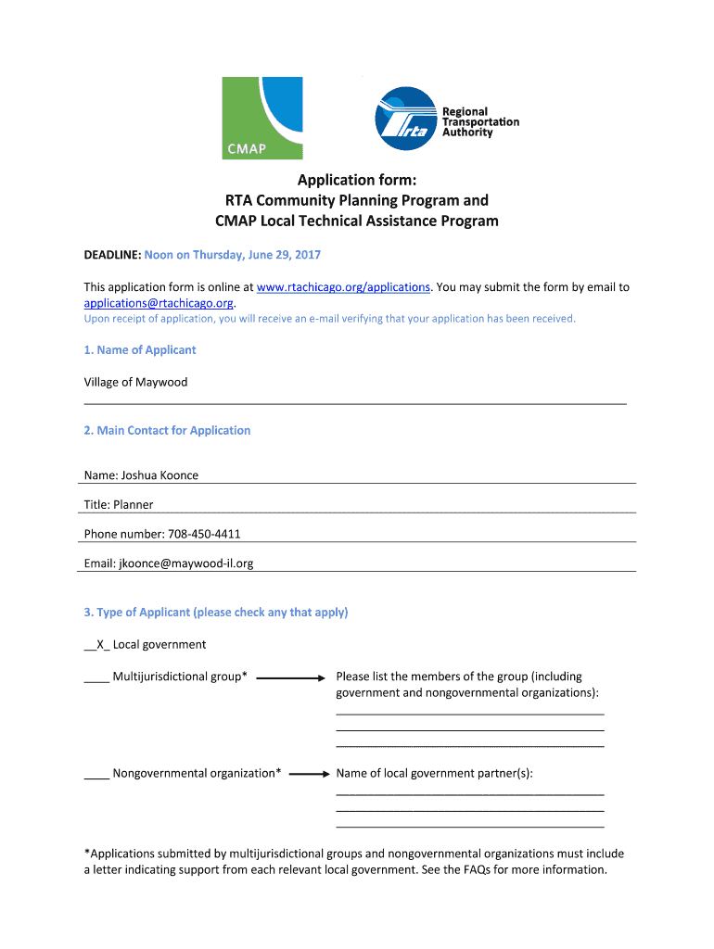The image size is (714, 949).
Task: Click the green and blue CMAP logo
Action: [x=261, y=118]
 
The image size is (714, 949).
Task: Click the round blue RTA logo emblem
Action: [x=405, y=118]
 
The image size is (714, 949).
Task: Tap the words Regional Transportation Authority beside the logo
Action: [x=479, y=122]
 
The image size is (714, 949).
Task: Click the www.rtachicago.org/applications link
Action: [x=343, y=287]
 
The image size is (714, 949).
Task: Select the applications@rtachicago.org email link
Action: [x=159, y=303]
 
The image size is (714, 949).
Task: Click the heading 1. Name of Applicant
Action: [x=140, y=350]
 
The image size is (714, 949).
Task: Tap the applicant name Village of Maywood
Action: [x=135, y=382]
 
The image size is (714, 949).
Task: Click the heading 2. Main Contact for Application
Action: [x=167, y=431]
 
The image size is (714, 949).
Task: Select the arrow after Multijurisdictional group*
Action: [x=291, y=678]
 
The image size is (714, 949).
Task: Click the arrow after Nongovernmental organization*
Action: [x=310, y=774]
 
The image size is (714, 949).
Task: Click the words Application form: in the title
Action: [x=356, y=180]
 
